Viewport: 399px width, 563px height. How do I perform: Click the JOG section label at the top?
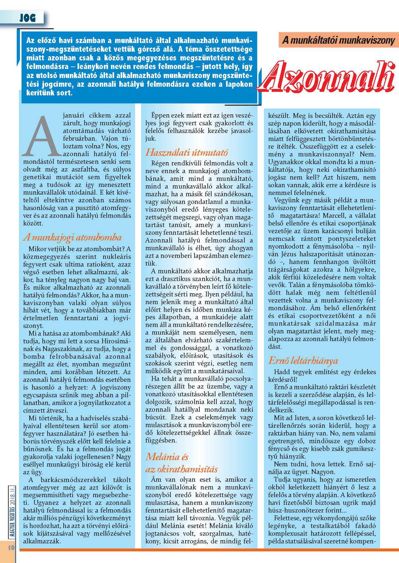[x=27, y=18]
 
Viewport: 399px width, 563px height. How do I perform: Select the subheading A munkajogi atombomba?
[x=72, y=237]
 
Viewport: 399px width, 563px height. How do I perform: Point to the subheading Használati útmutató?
[x=186, y=152]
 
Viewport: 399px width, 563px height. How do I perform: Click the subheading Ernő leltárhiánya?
[x=303, y=360]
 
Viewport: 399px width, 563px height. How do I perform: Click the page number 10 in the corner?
[x=11, y=547]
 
